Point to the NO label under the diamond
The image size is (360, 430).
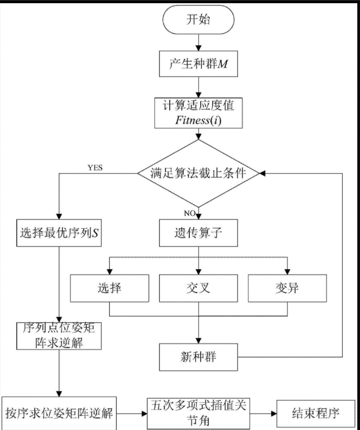[x=189, y=213]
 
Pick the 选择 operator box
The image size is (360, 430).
[x=110, y=287]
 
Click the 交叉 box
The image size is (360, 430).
[x=198, y=287]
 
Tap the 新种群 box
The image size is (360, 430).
[x=198, y=356]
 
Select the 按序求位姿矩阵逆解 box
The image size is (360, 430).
[x=60, y=413]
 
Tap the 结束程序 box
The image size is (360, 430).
[x=315, y=413]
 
